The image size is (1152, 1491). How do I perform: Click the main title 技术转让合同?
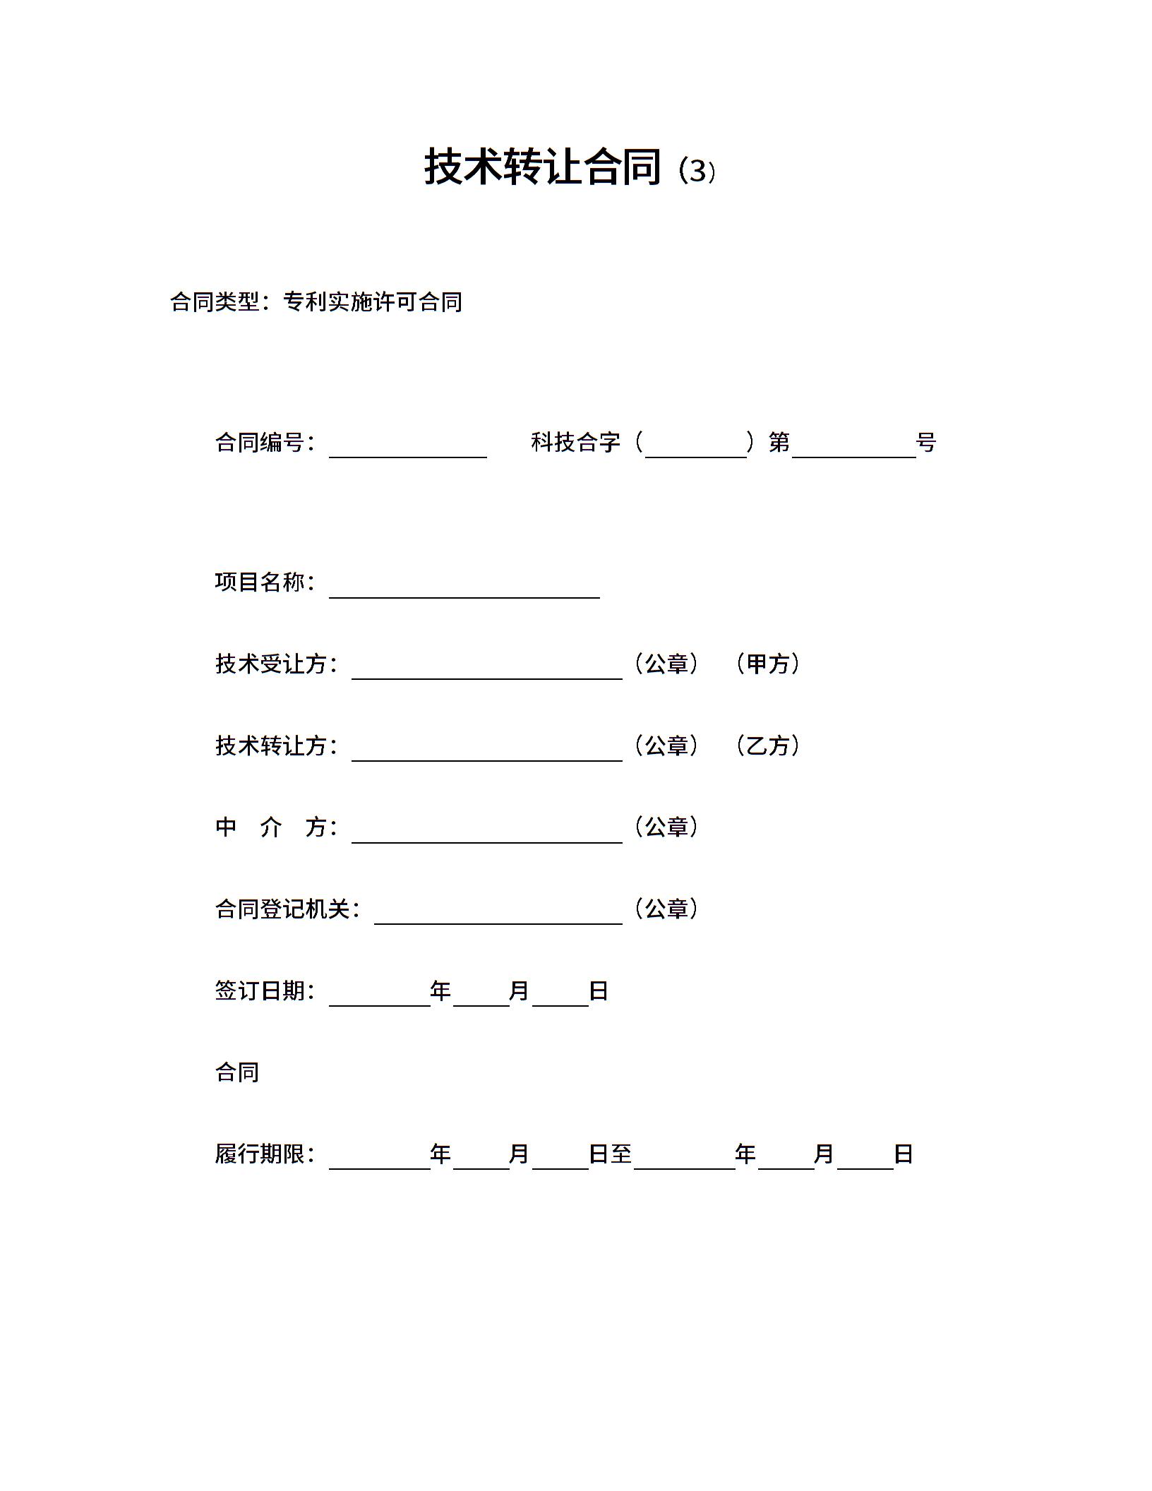(542, 168)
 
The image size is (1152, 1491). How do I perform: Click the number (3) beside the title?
(697, 172)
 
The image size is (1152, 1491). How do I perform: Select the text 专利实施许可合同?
(373, 302)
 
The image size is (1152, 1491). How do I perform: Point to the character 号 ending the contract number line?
(926, 443)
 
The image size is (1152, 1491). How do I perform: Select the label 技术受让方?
(272, 664)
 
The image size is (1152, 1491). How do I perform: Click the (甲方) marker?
(767, 664)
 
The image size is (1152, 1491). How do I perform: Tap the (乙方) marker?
(767, 745)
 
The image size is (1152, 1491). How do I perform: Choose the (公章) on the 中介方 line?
(666, 827)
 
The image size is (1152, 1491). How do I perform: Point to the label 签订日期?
(260, 990)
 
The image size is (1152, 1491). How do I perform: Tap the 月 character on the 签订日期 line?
(519, 991)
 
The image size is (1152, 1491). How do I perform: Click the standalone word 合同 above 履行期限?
(237, 1072)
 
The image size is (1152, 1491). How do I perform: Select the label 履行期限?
(260, 1154)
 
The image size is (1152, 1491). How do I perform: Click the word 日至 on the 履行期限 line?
(610, 1154)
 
